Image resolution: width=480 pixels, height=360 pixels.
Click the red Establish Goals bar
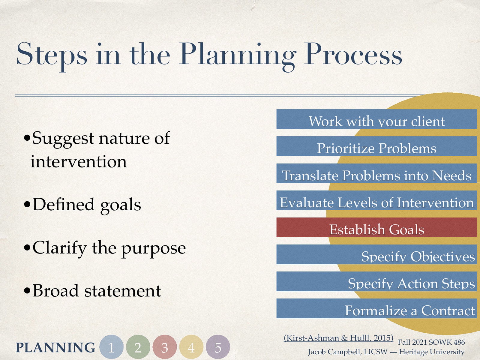coord(376,227)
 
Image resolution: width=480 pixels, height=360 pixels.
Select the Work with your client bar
coord(376,119)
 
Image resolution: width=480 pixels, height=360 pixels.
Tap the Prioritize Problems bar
coord(376,146)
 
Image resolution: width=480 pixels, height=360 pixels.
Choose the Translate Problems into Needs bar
coord(376,173)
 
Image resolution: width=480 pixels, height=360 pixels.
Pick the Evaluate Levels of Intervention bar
coord(376,200)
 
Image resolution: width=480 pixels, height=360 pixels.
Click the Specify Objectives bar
coord(376,254)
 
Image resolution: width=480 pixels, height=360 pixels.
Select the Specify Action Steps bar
coord(376,281)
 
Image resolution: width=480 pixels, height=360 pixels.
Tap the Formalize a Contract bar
coord(376,308)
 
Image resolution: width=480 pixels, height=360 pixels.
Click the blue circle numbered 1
coord(111,347)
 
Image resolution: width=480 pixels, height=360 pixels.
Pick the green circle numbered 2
coord(138,347)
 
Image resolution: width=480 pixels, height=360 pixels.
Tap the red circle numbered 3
coord(165,347)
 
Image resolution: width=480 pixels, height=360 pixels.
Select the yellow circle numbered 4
coord(191,347)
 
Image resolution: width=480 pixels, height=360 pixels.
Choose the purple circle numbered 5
coord(218,347)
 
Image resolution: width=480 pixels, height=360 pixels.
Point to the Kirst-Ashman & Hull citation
coord(338,338)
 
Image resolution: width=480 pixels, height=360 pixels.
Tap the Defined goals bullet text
coord(87,205)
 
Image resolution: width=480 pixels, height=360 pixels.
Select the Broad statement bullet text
coord(97,291)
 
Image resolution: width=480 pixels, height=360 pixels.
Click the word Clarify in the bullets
coord(60,248)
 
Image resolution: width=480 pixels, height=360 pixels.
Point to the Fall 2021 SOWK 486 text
coord(431,342)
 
